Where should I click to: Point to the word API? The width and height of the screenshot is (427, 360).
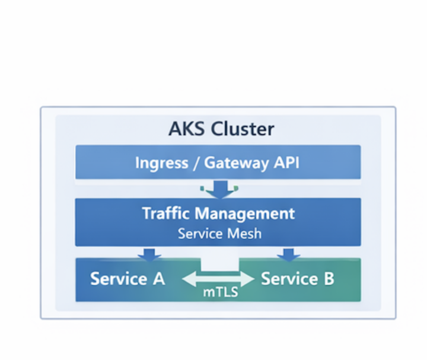click(286, 163)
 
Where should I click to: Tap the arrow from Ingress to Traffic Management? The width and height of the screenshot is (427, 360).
click(220, 190)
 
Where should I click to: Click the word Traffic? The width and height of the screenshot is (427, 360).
click(167, 214)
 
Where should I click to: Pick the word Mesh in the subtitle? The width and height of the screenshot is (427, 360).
click(244, 233)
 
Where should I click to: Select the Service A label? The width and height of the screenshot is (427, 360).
click(127, 279)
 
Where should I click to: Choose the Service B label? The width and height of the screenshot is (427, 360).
click(298, 279)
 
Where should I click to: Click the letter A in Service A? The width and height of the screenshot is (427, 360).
click(158, 279)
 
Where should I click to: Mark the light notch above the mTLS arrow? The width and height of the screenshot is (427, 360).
click(220, 264)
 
